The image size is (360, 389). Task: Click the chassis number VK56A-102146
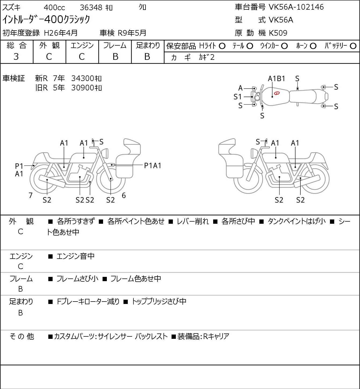[x=296, y=7]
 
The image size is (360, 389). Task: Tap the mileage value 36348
[x=91, y=8]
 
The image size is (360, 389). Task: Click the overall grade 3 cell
[x=16, y=57]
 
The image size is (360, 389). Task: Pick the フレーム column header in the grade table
[x=115, y=46]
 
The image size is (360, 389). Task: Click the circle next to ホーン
[x=313, y=46]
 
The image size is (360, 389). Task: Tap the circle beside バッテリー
[x=353, y=46]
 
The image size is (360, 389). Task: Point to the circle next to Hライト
[x=222, y=46]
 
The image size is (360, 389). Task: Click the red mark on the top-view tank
[x=277, y=93]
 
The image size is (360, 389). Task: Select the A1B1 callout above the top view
[x=277, y=79]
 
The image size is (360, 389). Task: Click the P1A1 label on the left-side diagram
[x=152, y=166]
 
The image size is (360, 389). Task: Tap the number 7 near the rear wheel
[x=31, y=195]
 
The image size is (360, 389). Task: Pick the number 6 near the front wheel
[x=124, y=195]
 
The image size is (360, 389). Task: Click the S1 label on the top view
[x=238, y=97]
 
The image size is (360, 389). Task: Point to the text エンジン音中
[x=75, y=256]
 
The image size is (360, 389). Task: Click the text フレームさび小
[x=77, y=279]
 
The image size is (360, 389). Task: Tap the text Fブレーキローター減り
[x=88, y=302]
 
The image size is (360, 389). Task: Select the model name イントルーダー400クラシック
[x=46, y=20]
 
